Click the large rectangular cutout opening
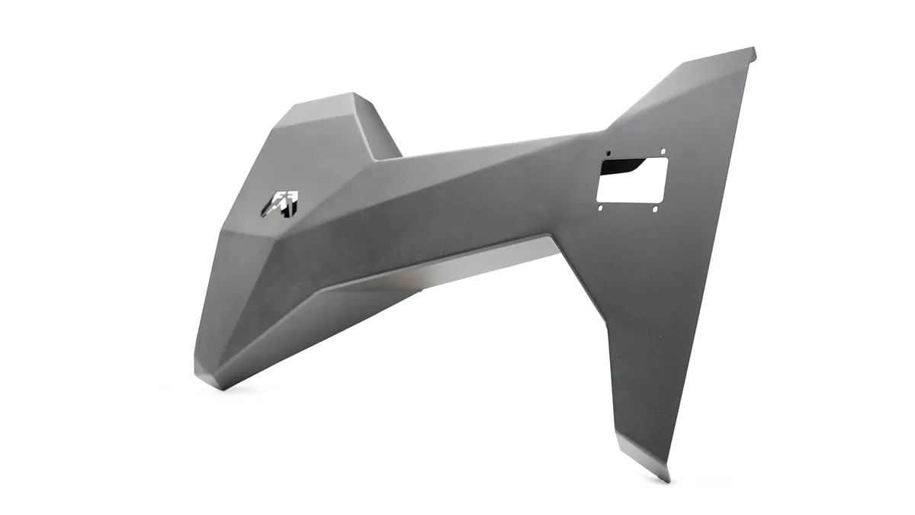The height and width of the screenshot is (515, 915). pos(632,181)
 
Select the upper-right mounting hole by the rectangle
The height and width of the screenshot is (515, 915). pos(663,151)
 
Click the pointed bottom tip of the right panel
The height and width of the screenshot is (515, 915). pos(668,481)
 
